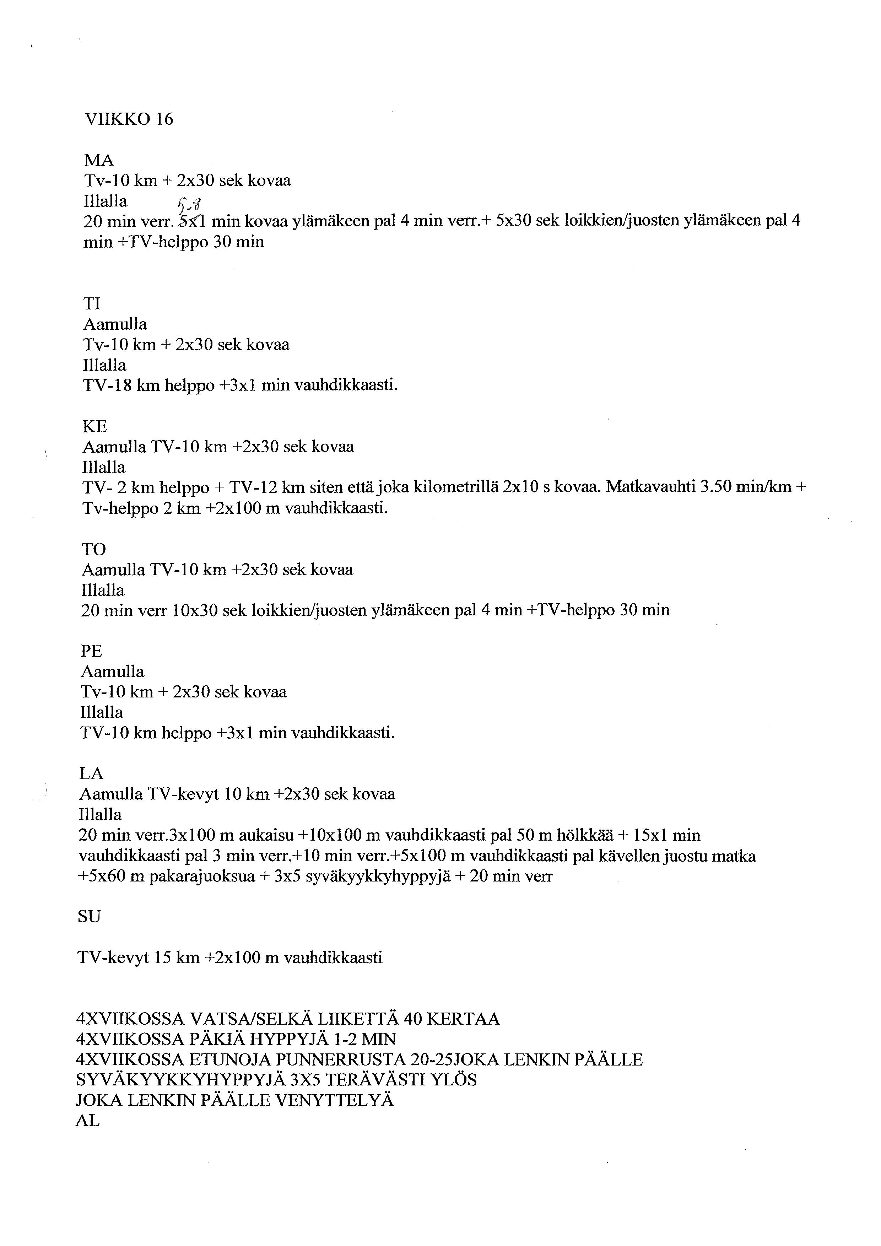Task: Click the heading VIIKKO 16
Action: [129, 119]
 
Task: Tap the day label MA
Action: [99, 161]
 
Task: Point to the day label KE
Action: [94, 427]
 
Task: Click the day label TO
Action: [94, 549]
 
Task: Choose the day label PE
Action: [92, 651]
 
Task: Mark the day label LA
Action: [91, 774]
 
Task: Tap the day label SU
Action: [90, 917]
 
